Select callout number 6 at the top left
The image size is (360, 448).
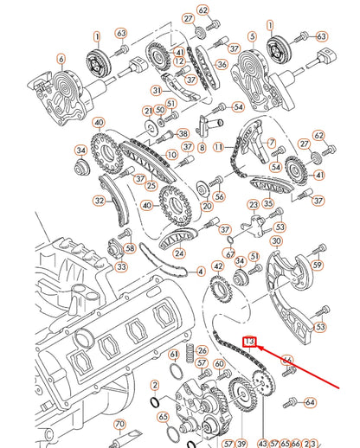61,59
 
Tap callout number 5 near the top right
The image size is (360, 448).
252,36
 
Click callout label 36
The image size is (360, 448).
222,65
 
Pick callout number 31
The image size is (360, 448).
157,90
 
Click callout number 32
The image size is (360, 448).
100,201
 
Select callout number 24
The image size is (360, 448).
179,253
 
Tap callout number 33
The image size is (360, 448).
120,267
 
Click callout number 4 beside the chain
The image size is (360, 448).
201,271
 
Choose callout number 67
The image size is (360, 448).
230,254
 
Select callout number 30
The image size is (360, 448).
276,241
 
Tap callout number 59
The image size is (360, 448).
318,265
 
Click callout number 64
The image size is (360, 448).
311,401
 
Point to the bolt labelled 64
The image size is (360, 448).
291,400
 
